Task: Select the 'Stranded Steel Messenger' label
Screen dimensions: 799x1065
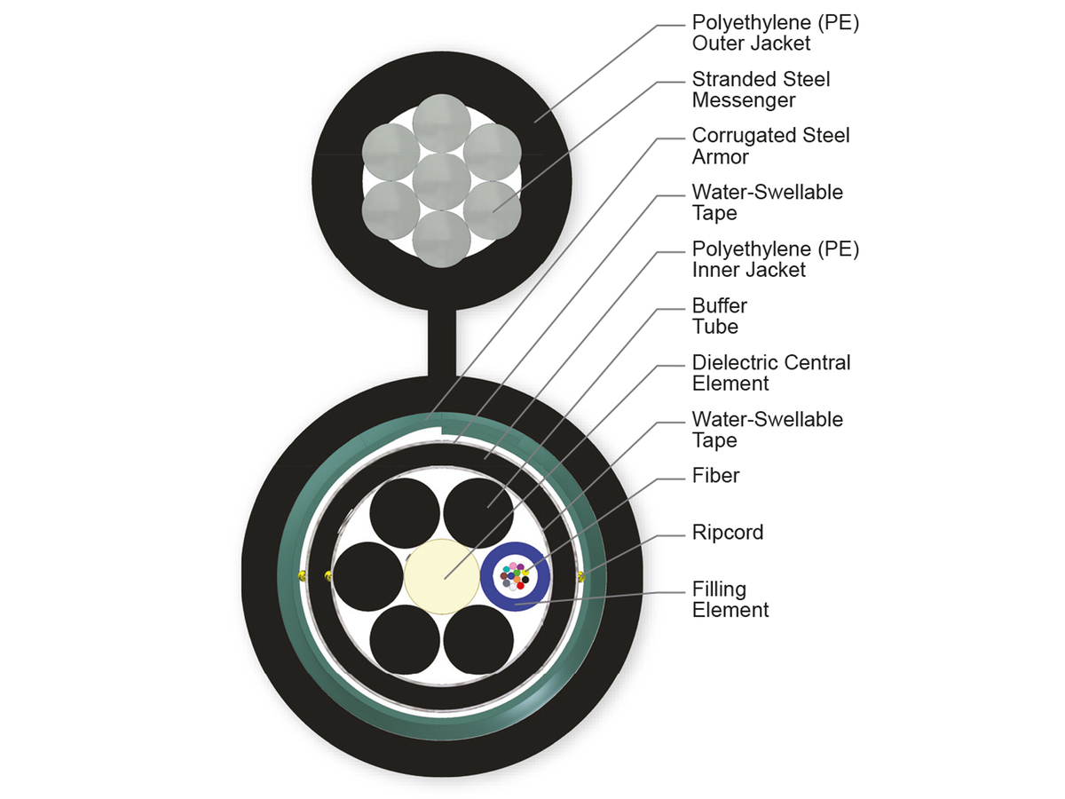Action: pyautogui.click(x=761, y=89)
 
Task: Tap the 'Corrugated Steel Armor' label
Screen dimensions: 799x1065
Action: pyautogui.click(x=770, y=146)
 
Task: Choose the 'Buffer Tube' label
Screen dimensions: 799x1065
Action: pyautogui.click(x=720, y=316)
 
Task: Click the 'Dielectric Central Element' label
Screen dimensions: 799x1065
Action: pyautogui.click(x=770, y=373)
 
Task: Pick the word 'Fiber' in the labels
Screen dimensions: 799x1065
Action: pyautogui.click(x=715, y=476)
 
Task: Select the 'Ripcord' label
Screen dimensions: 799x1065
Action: pyautogui.click(x=728, y=533)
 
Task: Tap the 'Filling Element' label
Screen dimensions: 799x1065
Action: pyautogui.click(x=730, y=599)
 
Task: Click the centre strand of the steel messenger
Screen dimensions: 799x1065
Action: pyautogui.click(x=441, y=181)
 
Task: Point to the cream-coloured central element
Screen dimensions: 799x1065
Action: pyautogui.click(x=440, y=575)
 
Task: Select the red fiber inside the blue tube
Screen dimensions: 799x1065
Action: pyautogui.click(x=520, y=586)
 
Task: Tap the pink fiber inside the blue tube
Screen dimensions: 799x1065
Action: pyautogui.click(x=513, y=566)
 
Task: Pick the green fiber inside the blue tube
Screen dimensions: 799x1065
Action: pyautogui.click(x=517, y=573)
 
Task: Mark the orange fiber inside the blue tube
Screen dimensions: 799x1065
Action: pyautogui.click(x=517, y=580)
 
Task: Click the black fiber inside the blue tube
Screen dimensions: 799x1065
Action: pyautogui.click(x=525, y=580)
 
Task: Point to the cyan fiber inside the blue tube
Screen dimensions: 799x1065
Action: pyautogui.click(x=507, y=569)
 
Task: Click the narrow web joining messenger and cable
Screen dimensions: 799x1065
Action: pyautogui.click(x=441, y=342)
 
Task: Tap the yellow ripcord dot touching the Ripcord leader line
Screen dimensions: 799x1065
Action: pyautogui.click(x=582, y=577)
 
